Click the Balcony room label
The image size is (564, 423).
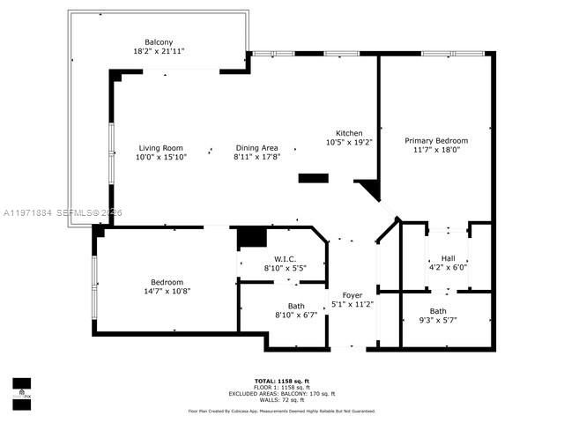tap(160, 41)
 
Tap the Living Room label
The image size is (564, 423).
tap(160, 148)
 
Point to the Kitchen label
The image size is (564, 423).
tap(349, 133)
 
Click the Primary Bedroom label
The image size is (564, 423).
tap(436, 140)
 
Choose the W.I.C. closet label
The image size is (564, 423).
tap(282, 258)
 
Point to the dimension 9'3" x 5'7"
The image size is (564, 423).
tap(438, 320)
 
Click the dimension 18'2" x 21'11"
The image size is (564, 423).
tap(160, 51)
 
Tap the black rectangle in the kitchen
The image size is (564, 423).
tap(313, 179)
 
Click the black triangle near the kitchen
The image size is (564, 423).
tap(369, 189)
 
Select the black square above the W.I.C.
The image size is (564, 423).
tap(252, 237)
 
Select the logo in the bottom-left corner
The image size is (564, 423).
tap(21, 390)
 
